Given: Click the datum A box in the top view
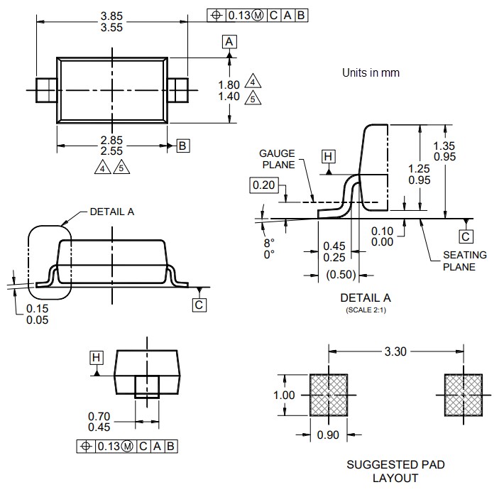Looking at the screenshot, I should coord(229,42).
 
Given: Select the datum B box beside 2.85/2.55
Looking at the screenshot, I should coord(182,146).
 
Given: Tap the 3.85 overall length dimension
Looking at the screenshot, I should coord(111,14).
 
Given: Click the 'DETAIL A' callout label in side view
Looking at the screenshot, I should coord(111,212).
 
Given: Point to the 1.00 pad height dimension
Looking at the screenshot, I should coord(284,394).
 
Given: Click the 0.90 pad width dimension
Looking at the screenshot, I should coord(327,435).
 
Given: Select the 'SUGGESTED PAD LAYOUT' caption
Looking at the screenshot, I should coord(395,471).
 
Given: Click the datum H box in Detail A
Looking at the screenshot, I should coord(327,156).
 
